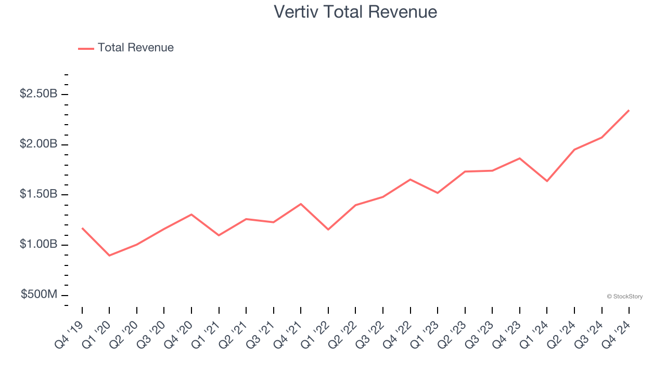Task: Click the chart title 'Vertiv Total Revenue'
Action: click(355, 11)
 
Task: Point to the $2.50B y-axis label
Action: click(39, 94)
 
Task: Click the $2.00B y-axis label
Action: click(39, 144)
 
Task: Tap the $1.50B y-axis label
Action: click(39, 194)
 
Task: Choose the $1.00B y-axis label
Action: click(39, 245)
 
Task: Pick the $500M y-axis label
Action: click(39, 295)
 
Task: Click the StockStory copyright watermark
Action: click(624, 297)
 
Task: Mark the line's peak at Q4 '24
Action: click(629, 110)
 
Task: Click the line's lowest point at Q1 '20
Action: click(109, 256)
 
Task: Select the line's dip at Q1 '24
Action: click(547, 181)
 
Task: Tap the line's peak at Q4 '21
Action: click(301, 204)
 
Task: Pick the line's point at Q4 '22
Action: click(411, 179)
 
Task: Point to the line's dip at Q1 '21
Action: click(219, 235)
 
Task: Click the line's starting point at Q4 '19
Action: click(82, 228)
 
